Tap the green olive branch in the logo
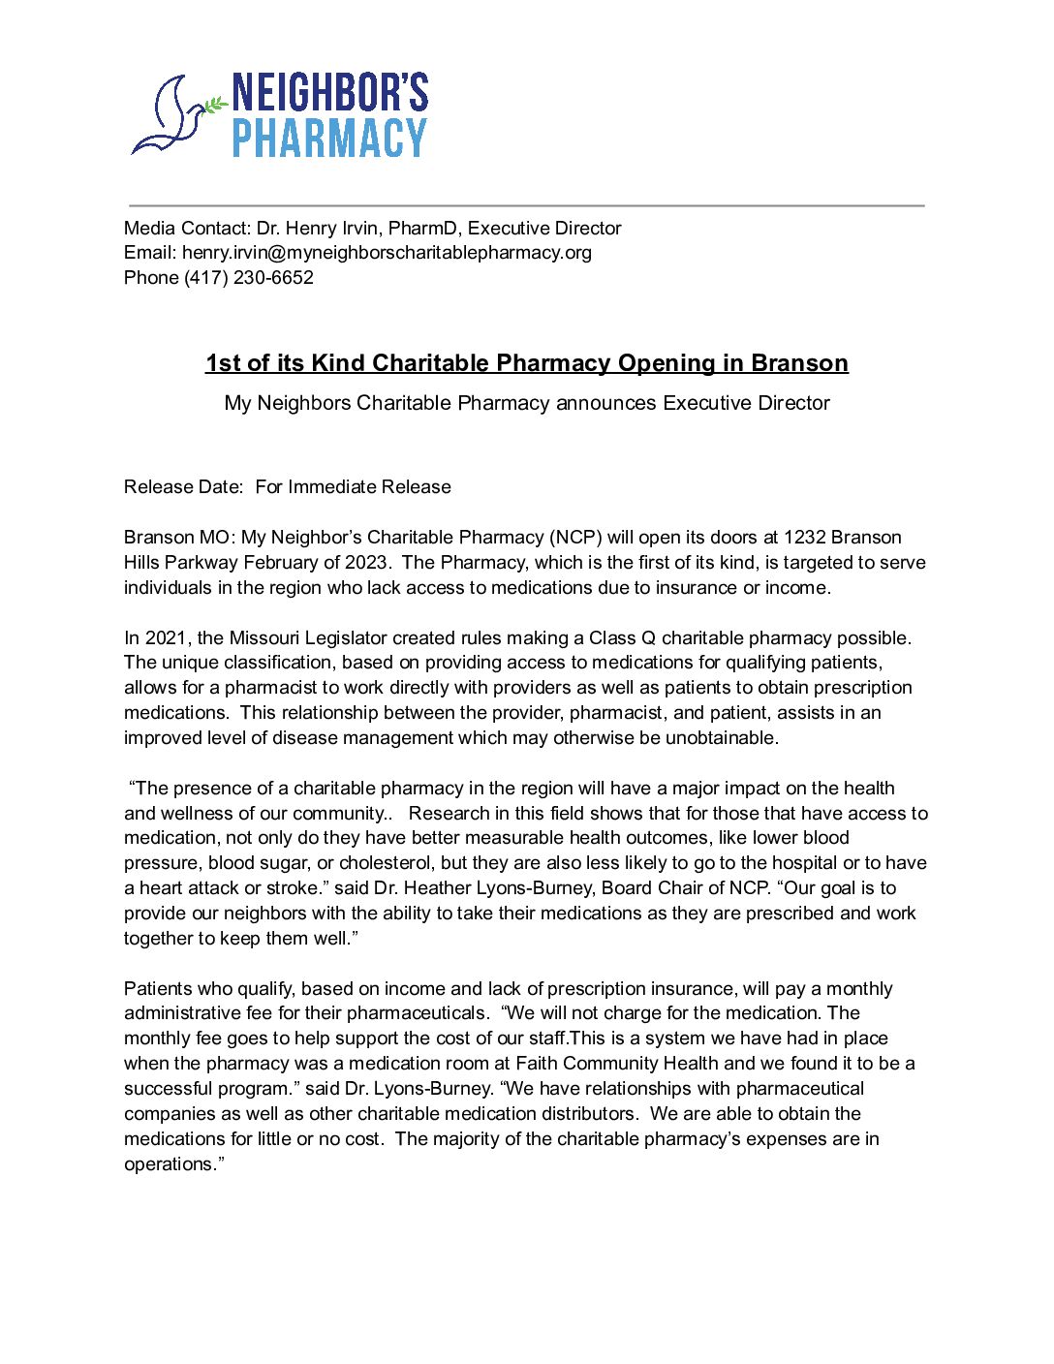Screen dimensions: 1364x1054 click(215, 103)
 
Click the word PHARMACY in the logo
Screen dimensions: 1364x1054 click(329, 139)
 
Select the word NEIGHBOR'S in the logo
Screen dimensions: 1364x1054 click(329, 93)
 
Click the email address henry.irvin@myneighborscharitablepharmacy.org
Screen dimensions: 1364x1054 click(387, 253)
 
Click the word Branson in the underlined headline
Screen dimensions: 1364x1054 click(799, 363)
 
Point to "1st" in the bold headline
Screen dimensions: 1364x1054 click(223, 363)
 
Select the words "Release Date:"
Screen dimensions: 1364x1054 click(183, 487)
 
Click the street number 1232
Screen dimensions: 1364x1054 click(804, 538)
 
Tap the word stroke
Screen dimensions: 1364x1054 click(293, 888)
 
